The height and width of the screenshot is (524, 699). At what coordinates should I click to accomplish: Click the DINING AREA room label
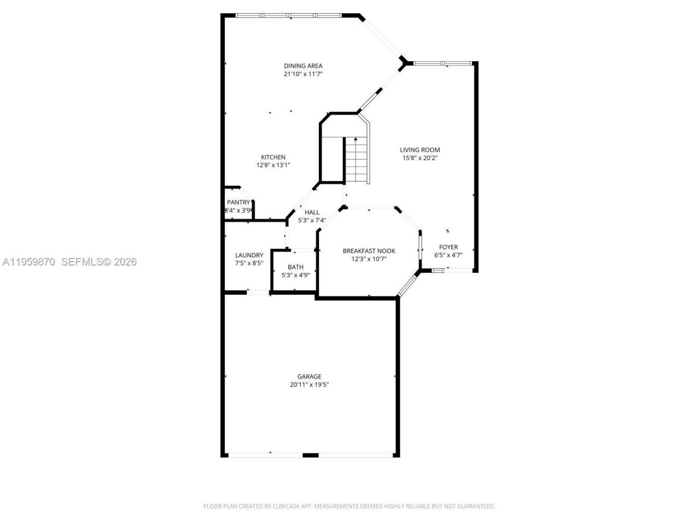tap(303, 66)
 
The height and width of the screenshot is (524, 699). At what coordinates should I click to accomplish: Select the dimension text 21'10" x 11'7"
tap(303, 74)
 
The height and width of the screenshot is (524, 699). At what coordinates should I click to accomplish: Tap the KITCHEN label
tap(273, 157)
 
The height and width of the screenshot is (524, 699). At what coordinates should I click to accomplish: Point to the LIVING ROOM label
tap(419, 150)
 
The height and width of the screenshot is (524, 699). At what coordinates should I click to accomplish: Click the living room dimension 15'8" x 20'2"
tap(419, 158)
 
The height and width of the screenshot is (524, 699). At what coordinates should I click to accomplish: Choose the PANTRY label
tap(239, 203)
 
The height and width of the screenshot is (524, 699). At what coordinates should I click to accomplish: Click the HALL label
tap(312, 212)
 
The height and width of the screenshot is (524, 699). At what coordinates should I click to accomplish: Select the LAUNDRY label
tap(249, 255)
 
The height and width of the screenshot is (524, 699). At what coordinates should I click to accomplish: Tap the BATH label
tap(295, 267)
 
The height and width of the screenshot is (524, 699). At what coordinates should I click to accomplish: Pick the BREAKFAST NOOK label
tap(369, 251)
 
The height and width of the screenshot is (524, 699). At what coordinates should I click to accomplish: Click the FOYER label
tap(448, 247)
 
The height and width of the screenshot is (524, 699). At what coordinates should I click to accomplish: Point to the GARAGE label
tap(309, 377)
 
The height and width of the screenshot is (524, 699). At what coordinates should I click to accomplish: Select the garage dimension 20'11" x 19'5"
tap(309, 384)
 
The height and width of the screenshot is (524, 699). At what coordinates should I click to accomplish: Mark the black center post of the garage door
tap(310, 455)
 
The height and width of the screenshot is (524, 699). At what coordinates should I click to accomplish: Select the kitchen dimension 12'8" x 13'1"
tap(273, 165)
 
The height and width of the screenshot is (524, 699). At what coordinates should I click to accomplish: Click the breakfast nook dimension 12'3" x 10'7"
tap(369, 259)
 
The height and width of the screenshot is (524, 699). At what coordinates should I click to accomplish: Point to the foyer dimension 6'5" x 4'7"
tap(448, 255)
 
